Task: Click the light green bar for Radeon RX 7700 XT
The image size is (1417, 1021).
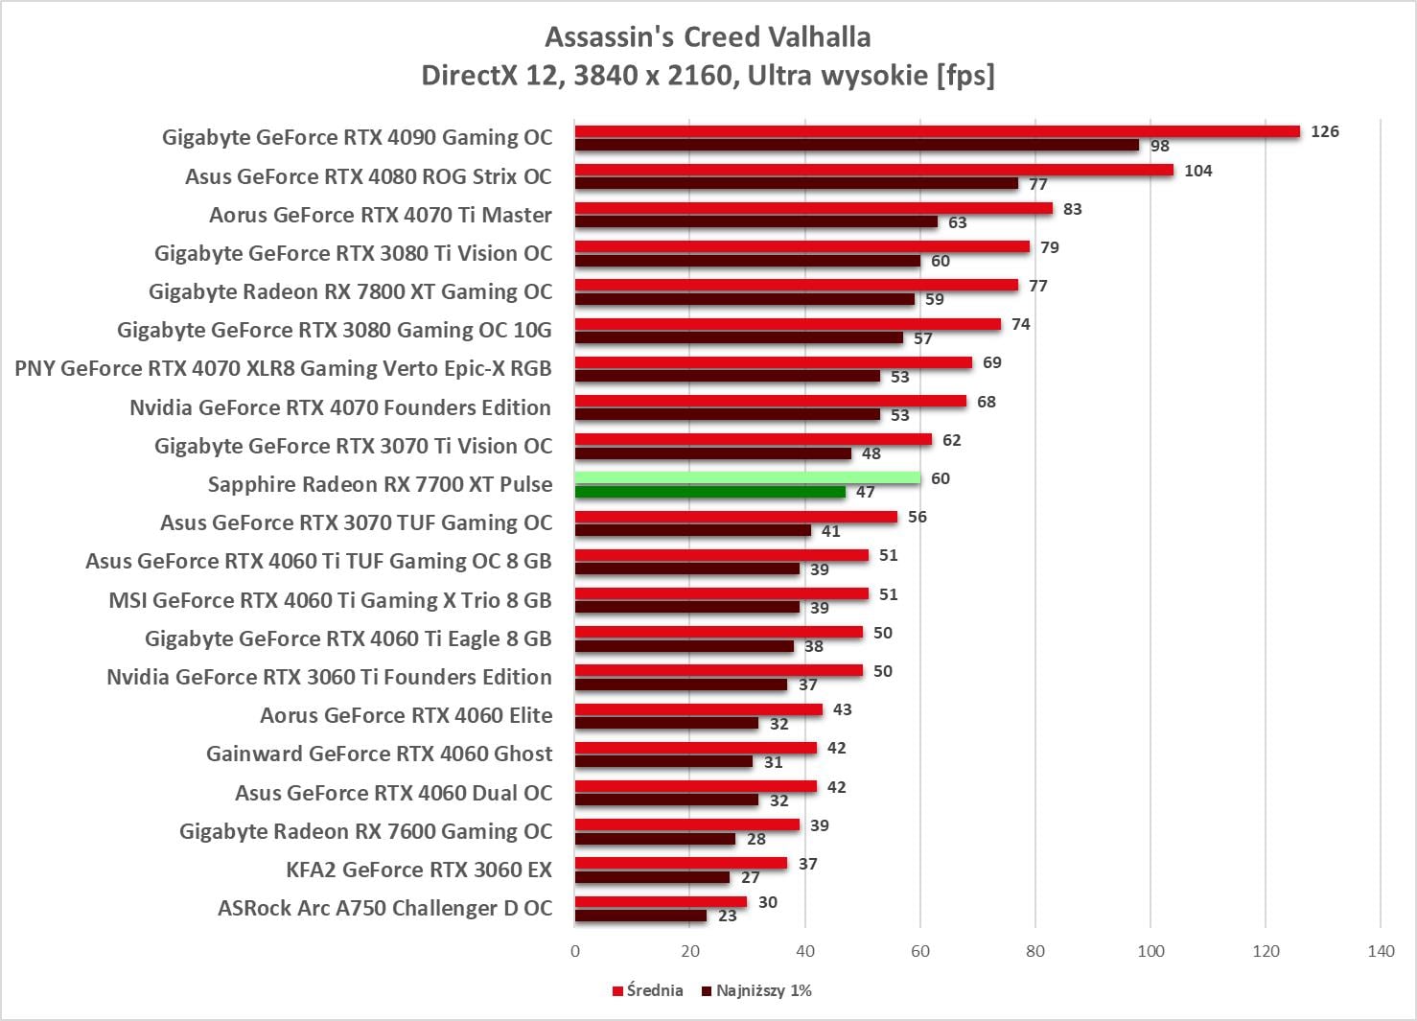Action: pos(748,477)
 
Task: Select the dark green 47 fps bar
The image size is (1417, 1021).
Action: pos(709,492)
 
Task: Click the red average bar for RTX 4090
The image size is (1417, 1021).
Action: pos(937,131)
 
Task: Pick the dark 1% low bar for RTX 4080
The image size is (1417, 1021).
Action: pos(796,183)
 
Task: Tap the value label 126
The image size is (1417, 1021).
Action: pos(1324,131)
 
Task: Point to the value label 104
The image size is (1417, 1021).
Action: pos(1197,171)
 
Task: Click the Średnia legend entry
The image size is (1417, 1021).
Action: pos(648,990)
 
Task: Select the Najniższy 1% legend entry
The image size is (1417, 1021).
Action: pos(756,990)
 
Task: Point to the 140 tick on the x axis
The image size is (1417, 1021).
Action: pos(1381,951)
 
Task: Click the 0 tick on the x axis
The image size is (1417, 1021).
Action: pos(575,951)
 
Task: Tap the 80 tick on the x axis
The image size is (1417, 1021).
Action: pos(1035,951)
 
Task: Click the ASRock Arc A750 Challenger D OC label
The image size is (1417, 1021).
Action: pos(384,908)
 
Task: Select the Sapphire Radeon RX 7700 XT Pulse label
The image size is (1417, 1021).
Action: pos(380,484)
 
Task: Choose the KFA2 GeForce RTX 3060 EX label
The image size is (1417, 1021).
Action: pos(419,870)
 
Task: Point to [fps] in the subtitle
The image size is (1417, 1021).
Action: pos(965,75)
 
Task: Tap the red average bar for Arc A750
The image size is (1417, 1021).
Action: pos(661,902)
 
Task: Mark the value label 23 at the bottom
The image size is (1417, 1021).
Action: pos(728,916)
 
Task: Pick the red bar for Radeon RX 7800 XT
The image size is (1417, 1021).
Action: pos(796,285)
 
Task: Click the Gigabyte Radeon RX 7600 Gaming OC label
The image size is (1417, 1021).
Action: pos(365,831)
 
